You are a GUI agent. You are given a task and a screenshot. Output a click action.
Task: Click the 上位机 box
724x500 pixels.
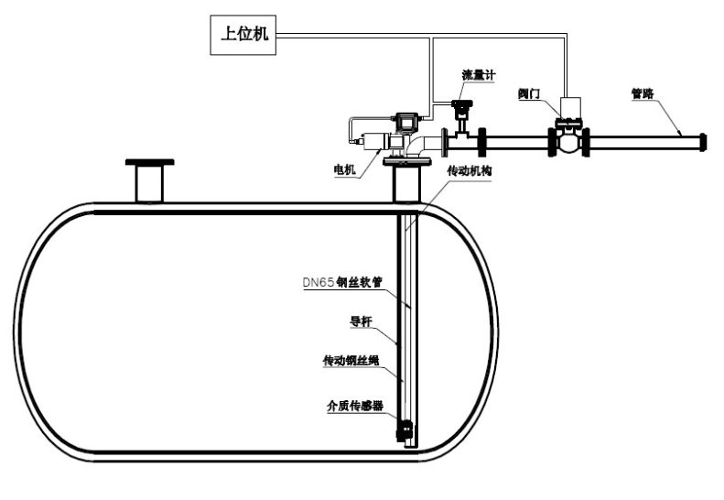[x=241, y=35]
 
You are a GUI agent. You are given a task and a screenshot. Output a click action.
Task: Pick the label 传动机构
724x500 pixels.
[x=469, y=171]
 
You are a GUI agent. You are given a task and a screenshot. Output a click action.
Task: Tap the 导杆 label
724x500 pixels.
[x=362, y=321]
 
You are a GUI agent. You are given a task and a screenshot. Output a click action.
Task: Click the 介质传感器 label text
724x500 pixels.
[x=351, y=404]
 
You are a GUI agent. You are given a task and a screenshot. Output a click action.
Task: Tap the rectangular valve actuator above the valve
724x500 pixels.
[x=573, y=107]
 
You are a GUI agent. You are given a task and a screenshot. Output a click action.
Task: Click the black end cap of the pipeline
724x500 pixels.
[x=703, y=142]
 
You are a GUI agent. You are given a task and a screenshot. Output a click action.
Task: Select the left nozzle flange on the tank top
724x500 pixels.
[x=148, y=166]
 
